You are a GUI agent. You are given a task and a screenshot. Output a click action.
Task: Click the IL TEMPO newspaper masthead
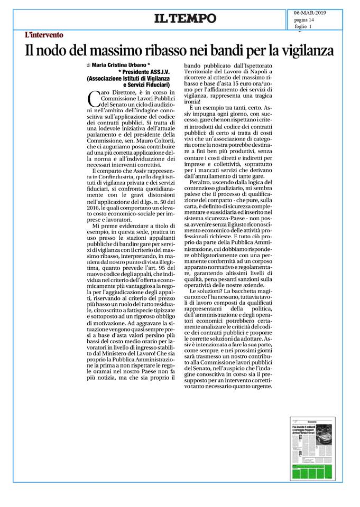click(185, 18)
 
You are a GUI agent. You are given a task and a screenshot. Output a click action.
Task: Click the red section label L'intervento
click(44, 35)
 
